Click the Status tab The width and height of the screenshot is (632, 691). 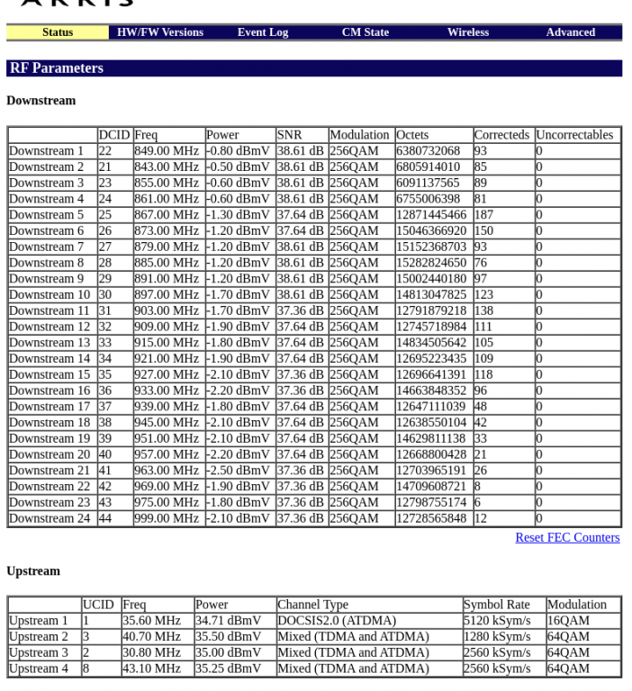pos(58,32)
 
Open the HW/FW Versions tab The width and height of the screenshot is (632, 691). pos(160,32)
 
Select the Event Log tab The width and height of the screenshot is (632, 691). pos(263,32)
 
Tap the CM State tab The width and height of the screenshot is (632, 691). pos(366,32)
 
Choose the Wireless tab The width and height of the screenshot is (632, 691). pos(468,32)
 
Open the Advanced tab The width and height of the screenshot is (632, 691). pos(571,32)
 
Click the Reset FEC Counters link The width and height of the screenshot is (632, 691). pos(567,538)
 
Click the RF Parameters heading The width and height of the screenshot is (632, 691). pos(57,68)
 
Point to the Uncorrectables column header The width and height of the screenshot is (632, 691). pos(574,135)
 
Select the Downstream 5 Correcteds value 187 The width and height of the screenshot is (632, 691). pos(483,215)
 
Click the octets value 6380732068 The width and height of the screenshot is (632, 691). pos(428,151)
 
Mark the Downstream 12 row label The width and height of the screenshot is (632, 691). pos(50,327)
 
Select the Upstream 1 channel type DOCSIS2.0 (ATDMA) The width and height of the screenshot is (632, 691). pos(337,621)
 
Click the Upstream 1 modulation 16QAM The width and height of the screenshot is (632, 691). pos(568,621)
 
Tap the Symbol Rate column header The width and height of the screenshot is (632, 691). pos(497,605)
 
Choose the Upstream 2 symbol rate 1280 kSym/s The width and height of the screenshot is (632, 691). pos(497,637)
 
